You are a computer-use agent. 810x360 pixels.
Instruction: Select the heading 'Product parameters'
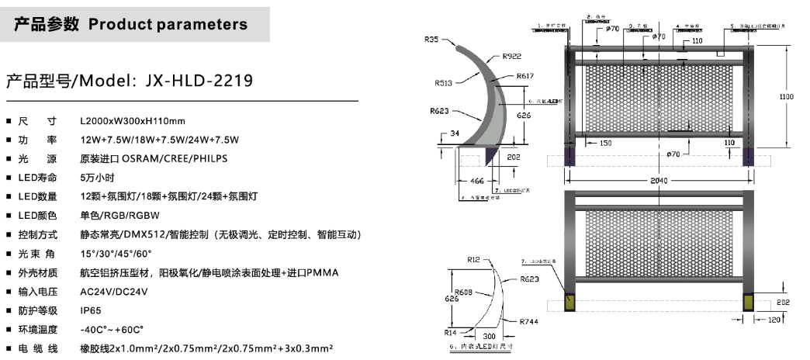pyautogui.click(x=168, y=24)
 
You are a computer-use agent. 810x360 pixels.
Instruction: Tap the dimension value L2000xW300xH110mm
pyautogui.click(x=133, y=121)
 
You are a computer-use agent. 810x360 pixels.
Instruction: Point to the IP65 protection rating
pyautogui.click(x=91, y=310)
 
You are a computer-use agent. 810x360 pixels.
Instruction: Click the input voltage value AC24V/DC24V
pyautogui.click(x=114, y=291)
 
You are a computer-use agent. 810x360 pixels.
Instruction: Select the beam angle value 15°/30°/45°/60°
pyautogui.click(x=116, y=253)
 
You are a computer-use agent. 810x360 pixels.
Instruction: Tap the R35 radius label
pyautogui.click(x=431, y=39)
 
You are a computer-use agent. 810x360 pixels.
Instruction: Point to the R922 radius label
pyautogui.click(x=512, y=56)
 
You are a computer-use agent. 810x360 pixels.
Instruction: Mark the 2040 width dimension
pyautogui.click(x=659, y=181)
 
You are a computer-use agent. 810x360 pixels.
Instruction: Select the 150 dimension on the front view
pyautogui.click(x=605, y=143)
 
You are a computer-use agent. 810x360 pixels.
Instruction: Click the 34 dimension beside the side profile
pyautogui.click(x=455, y=133)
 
